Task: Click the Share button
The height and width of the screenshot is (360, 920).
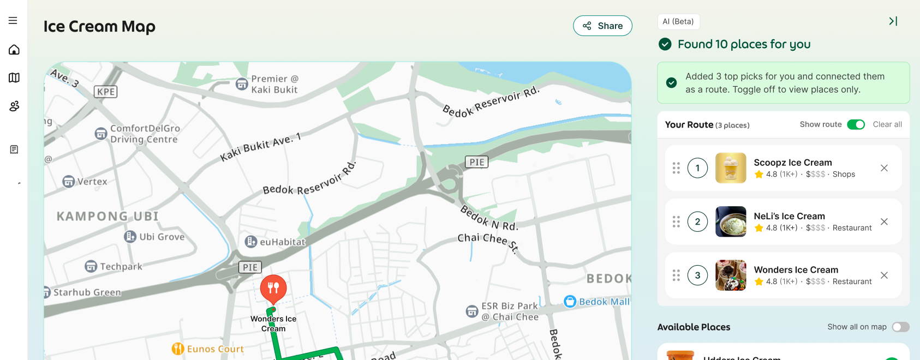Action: pos(602,26)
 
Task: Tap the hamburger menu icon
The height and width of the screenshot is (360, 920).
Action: pos(13,21)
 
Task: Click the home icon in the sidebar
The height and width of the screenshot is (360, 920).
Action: pos(14,50)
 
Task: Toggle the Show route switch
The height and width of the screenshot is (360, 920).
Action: pos(856,124)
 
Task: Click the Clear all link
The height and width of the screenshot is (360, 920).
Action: pos(887,124)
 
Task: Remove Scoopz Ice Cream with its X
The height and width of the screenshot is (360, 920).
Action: pos(884,168)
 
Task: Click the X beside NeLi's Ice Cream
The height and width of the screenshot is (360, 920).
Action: pos(884,221)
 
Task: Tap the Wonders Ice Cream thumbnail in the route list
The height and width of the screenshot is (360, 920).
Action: pos(731,275)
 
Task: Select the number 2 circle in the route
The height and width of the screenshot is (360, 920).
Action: pos(697,221)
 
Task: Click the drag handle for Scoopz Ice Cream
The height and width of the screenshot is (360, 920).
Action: pos(676,168)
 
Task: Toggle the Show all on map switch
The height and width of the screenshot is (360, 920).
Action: pos(900,327)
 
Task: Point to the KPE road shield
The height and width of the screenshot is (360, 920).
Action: pos(106,92)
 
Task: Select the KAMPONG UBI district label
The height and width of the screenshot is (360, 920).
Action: pos(107,217)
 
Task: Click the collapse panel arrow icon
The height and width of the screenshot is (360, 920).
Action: pos(893,21)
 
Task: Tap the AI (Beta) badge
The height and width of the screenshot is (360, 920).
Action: pos(678,21)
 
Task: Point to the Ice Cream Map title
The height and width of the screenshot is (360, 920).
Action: pos(99,26)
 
